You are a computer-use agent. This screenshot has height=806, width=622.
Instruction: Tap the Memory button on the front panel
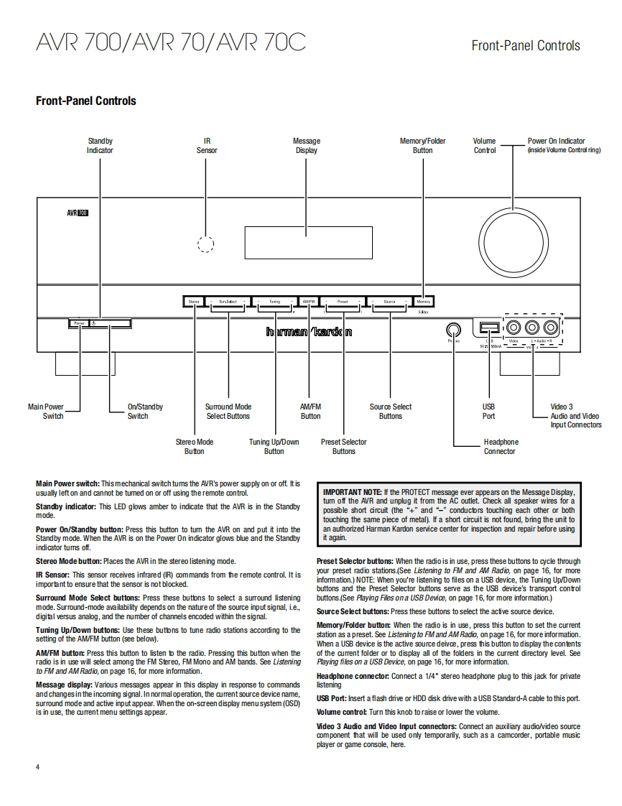(x=424, y=302)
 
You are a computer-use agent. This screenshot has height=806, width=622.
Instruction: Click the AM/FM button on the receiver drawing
(x=309, y=302)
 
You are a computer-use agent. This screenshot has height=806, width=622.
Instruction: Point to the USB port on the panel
(x=488, y=328)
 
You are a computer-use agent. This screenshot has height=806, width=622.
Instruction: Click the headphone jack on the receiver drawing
(x=453, y=329)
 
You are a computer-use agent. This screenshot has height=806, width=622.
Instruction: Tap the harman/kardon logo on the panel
(x=309, y=332)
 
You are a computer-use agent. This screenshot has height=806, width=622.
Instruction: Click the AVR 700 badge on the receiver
(x=78, y=213)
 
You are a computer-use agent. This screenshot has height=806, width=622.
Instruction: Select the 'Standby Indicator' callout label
(x=100, y=146)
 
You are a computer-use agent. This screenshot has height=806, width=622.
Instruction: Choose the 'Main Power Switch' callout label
(x=46, y=411)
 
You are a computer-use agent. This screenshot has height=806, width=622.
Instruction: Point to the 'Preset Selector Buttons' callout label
(x=343, y=447)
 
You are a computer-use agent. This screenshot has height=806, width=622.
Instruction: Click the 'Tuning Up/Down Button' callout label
(x=274, y=447)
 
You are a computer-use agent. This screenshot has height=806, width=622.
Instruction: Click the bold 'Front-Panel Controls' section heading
(x=86, y=101)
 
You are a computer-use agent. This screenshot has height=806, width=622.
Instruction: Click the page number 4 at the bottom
(x=38, y=767)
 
